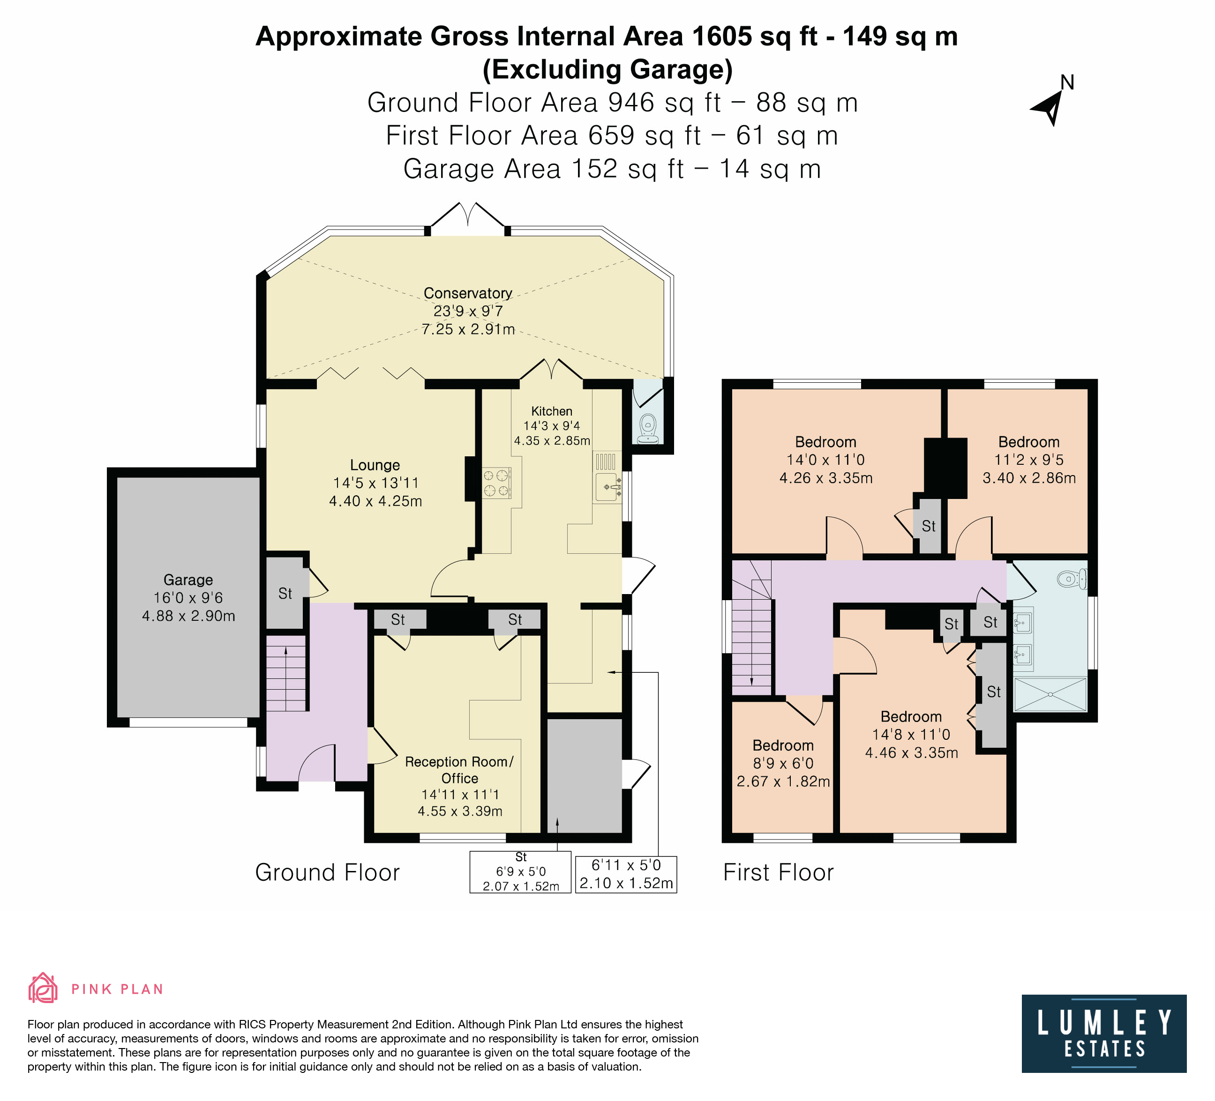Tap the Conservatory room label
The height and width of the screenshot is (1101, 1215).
[x=468, y=293]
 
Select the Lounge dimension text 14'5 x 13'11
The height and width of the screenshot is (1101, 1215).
[x=375, y=483]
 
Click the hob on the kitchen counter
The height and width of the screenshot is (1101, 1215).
[x=496, y=483]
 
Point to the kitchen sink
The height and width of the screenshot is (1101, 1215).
[x=607, y=487]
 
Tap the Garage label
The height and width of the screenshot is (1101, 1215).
[x=188, y=580]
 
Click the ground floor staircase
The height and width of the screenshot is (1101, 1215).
[x=286, y=677]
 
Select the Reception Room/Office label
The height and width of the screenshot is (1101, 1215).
[x=459, y=770]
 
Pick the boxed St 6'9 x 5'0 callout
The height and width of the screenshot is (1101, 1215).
[x=521, y=871]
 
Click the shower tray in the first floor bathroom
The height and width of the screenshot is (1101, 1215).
[x=1050, y=694]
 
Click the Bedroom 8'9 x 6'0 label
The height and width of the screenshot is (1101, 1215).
[x=783, y=746]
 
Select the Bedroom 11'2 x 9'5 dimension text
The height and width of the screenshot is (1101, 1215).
[x=1029, y=460]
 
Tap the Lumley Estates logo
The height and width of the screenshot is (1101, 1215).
[x=1104, y=1034]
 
